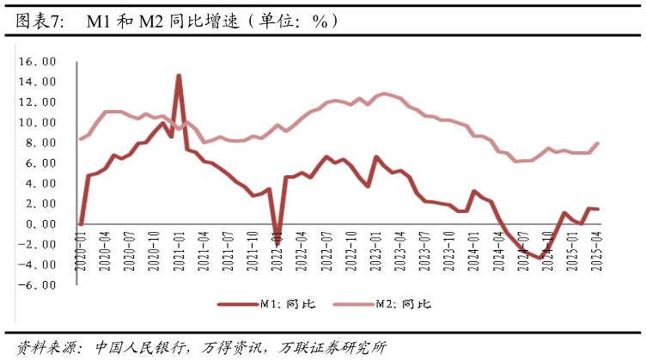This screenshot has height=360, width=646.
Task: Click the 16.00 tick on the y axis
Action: pos(40,62)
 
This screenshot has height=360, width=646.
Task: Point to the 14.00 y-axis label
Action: pos(40,82)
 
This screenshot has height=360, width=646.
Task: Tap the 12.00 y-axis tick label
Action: pos(40,102)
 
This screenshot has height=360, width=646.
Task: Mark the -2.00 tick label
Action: pos(40,245)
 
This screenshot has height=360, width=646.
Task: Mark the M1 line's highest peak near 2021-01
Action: pos(179,76)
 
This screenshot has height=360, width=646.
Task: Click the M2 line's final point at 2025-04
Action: pos(597,143)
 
